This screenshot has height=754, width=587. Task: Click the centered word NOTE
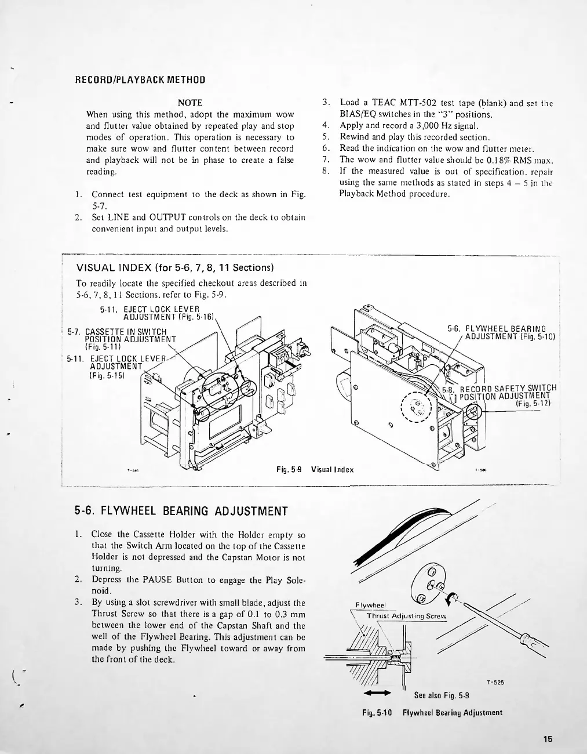pyautogui.click(x=189, y=103)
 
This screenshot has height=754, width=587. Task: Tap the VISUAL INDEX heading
pyautogui.click(x=174, y=268)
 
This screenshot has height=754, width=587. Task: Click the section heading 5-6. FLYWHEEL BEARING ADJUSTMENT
pyautogui.click(x=181, y=511)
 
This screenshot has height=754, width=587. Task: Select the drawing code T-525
pyautogui.click(x=495, y=683)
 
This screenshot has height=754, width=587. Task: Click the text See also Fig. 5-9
pyautogui.click(x=441, y=695)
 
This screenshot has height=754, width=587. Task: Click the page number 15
pyautogui.click(x=548, y=739)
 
